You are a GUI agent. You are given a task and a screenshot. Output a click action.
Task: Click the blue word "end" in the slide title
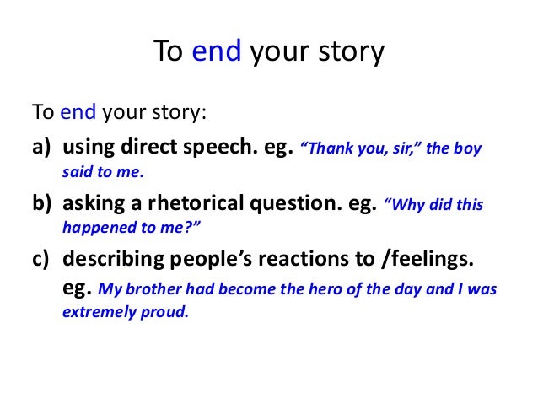coord(218,53)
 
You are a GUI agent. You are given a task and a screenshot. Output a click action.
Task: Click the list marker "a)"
coord(42,149)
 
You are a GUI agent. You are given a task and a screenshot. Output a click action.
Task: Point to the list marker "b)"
coord(42,205)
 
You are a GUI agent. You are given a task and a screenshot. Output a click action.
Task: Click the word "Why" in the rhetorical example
coord(403,206)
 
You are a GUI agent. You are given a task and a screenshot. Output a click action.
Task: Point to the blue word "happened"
coord(94,228)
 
